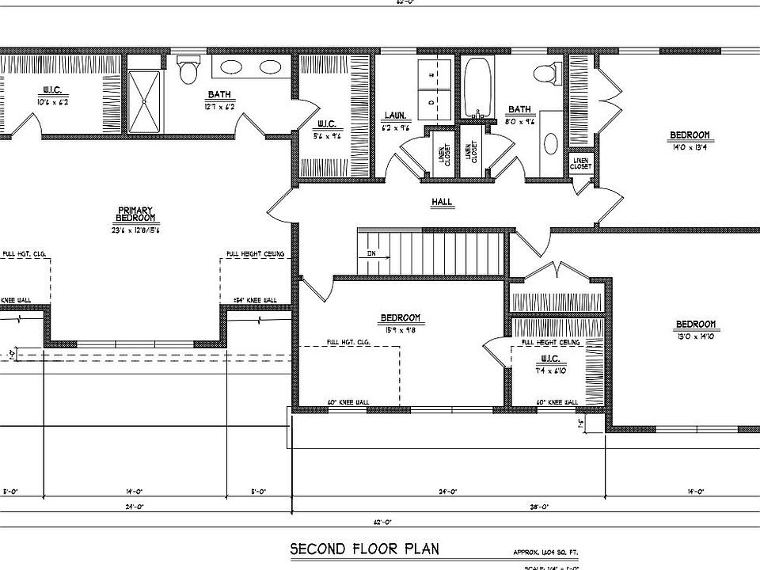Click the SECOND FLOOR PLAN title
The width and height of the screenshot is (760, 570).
(x=363, y=549)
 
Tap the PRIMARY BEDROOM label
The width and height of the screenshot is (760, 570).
(x=133, y=215)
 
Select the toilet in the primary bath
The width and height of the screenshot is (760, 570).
(x=188, y=72)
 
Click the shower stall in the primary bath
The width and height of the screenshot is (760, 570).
(x=144, y=101)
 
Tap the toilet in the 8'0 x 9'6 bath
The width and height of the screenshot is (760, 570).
(x=545, y=74)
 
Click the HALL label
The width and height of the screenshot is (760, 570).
(x=441, y=202)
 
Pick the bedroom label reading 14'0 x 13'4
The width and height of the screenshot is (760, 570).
(x=689, y=139)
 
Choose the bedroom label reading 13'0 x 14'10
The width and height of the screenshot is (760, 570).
(x=695, y=329)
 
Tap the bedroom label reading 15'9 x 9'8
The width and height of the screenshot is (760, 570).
(x=401, y=323)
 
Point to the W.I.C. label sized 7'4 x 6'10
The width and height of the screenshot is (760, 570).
(x=549, y=363)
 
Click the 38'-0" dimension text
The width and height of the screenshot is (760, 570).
(x=539, y=507)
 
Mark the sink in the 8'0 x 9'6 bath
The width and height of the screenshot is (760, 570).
(x=551, y=143)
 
